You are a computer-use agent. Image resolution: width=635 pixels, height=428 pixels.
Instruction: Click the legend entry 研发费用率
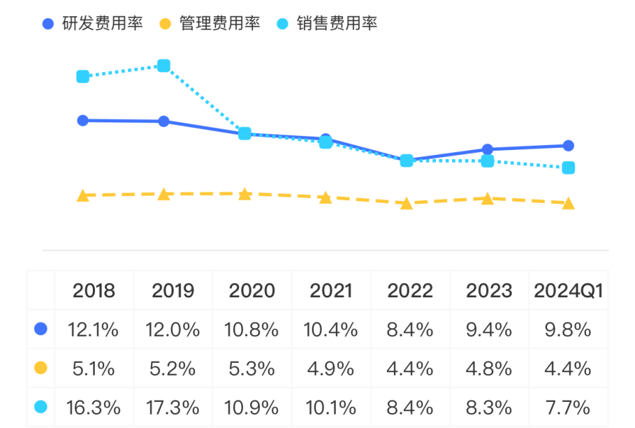click(x=92, y=23)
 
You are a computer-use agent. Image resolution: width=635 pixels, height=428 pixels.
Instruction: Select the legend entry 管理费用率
click(x=209, y=23)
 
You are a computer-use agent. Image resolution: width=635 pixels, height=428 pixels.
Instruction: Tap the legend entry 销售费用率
click(x=326, y=23)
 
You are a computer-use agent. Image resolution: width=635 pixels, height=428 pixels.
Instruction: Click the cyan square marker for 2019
click(x=164, y=66)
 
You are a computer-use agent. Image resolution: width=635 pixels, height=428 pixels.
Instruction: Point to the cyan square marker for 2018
click(x=83, y=76)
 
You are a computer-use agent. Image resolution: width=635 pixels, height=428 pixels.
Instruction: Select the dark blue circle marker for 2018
click(x=83, y=120)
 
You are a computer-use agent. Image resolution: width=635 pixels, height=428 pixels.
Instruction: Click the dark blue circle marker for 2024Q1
click(x=568, y=146)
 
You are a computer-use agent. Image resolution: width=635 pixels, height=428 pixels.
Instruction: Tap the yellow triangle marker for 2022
click(x=406, y=204)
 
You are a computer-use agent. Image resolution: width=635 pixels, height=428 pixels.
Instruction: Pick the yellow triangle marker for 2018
click(x=83, y=196)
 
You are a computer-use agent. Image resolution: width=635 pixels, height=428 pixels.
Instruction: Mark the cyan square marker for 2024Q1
click(x=568, y=168)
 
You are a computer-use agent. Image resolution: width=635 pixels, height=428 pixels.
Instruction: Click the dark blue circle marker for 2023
click(x=487, y=149)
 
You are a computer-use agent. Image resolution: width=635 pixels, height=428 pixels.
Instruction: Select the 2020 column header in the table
click(x=252, y=291)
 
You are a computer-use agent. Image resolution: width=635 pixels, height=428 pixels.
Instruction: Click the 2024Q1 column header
click(x=568, y=291)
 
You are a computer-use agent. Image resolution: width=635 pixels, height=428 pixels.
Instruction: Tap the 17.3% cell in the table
click(x=174, y=407)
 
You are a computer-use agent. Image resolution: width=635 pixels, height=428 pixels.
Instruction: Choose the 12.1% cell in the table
click(x=94, y=330)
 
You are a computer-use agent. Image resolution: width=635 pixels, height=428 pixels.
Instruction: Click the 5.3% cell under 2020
click(x=252, y=369)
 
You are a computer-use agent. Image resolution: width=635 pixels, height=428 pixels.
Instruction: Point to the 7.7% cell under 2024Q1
click(x=568, y=407)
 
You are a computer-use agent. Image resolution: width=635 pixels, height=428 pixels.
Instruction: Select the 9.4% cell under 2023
click(x=489, y=330)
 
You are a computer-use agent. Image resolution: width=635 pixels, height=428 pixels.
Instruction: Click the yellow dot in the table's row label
click(x=41, y=368)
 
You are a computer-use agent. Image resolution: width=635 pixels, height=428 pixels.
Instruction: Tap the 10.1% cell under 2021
click(x=331, y=407)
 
